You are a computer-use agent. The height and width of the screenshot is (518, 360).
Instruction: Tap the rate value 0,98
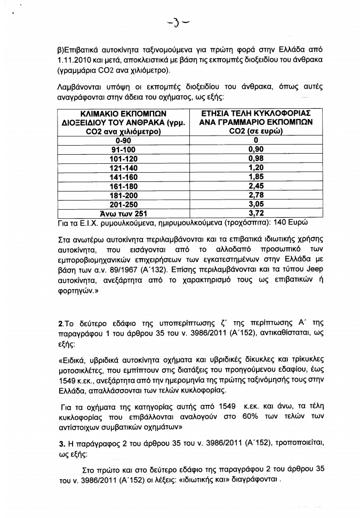[x=257, y=159]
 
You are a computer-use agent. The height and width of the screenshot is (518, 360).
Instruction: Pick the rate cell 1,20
[x=257, y=168]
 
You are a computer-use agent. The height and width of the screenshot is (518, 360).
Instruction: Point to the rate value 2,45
[x=257, y=186]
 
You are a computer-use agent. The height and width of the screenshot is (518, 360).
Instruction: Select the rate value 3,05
[x=257, y=204]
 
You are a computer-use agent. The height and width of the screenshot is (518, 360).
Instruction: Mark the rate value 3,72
[x=257, y=213]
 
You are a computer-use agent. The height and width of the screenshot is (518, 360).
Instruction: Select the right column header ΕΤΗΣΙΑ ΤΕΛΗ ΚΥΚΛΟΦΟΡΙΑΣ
[x=257, y=114]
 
